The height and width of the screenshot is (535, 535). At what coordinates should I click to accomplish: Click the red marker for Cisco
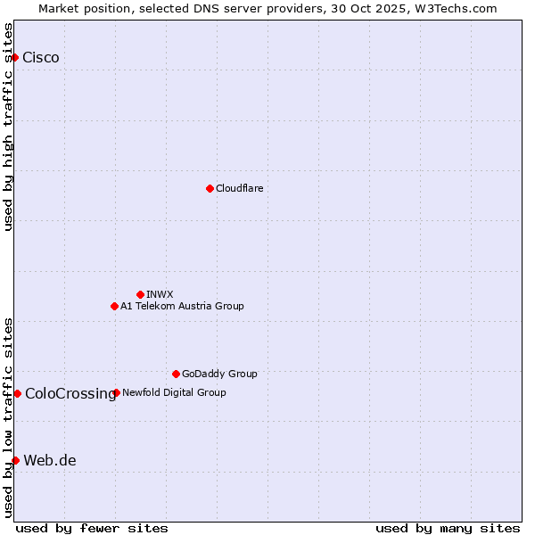(14, 58)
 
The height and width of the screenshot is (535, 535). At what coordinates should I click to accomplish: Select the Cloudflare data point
(210, 188)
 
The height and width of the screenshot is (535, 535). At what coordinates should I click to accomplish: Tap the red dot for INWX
(140, 294)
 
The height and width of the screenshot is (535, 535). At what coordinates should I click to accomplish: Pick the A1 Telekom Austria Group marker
(114, 306)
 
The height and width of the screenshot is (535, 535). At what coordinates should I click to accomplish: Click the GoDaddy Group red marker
(176, 374)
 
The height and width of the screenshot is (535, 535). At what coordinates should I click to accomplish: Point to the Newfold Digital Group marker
(116, 392)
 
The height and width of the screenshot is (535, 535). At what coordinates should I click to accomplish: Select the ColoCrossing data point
(17, 393)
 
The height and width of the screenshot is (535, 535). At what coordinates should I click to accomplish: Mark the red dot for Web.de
(15, 460)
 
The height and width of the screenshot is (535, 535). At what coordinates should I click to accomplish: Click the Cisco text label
(41, 58)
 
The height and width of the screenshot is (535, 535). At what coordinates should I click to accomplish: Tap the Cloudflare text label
(239, 188)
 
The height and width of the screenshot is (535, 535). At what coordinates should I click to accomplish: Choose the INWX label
(160, 294)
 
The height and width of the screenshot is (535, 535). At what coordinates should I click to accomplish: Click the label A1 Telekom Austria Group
(182, 306)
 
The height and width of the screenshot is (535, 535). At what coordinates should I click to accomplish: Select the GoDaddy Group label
(219, 374)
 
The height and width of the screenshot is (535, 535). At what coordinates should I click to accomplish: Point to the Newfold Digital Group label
(174, 392)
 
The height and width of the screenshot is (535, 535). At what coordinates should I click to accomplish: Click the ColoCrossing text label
(70, 393)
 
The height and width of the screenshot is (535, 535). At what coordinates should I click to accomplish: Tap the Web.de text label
(50, 460)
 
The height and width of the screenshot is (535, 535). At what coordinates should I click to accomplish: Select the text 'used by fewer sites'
(92, 528)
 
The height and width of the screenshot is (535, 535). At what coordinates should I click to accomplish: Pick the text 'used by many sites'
(448, 528)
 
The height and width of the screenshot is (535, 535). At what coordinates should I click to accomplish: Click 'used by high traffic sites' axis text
(9, 127)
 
